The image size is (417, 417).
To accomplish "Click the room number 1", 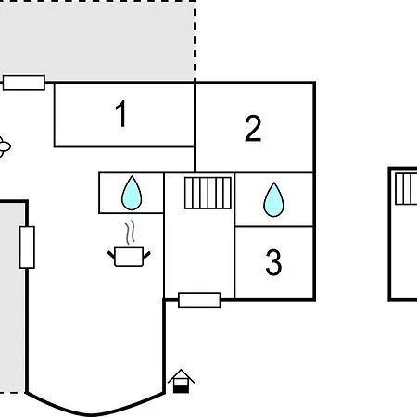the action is [121, 113].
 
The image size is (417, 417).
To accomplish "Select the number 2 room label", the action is [253, 128].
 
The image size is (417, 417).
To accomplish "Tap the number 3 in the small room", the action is [273, 262].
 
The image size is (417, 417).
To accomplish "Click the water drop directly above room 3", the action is [273, 199].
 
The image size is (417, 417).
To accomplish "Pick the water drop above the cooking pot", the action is [132, 193].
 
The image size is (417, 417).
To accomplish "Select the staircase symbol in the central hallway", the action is [208, 193].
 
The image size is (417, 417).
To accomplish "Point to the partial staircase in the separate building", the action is [406, 189].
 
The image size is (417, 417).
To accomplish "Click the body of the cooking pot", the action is [129, 257].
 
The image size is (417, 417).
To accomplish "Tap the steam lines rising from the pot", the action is [131, 232].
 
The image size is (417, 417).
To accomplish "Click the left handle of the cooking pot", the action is [111, 255].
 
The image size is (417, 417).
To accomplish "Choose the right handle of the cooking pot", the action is [146, 255].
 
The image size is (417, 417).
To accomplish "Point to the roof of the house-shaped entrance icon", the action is [181, 376].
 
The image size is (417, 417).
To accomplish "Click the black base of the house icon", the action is [181, 389].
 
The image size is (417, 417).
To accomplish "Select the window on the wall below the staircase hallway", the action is [199, 299].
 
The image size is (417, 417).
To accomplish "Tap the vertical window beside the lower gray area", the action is [27, 247].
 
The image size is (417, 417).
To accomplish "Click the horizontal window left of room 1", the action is [24, 82].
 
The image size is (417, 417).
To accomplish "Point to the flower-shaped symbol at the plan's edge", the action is [4, 146].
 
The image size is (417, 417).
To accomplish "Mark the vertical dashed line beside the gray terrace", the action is [195, 41].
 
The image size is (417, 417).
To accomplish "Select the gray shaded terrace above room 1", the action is [97, 41].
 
